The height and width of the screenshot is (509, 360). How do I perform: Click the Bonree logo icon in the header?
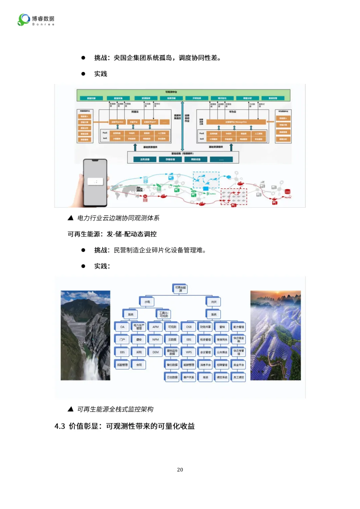pos(24,20)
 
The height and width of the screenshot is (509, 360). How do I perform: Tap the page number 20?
pos(180,470)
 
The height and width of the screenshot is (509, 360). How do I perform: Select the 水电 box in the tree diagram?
pos(147,302)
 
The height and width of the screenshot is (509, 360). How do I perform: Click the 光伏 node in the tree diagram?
pos(214,302)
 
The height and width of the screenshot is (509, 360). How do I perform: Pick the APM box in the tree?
pos(156,327)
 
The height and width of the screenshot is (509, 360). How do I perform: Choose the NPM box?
pos(156,339)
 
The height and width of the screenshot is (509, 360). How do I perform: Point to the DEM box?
pos(156,352)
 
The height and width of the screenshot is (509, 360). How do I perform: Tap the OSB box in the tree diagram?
pos(189,327)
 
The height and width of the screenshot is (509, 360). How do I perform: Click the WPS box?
pos(189,352)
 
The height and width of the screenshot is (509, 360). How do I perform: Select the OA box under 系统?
pos(122,327)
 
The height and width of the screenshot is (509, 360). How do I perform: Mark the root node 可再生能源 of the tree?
pos(180,289)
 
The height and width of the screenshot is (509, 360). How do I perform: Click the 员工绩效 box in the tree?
pos(239,377)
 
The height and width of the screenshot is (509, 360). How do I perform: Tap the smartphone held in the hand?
pos(95,182)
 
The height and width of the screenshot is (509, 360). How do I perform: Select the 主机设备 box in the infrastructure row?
pos(145,160)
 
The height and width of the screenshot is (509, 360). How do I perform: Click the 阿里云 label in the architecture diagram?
pos(135,112)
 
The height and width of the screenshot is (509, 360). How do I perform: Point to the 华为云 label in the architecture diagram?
pos(232,112)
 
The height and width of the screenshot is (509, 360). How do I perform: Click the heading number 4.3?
pos(60,426)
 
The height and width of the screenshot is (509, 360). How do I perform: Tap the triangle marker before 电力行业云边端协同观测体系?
pos(70,218)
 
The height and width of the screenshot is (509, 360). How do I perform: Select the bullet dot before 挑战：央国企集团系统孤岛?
pos(83,58)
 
